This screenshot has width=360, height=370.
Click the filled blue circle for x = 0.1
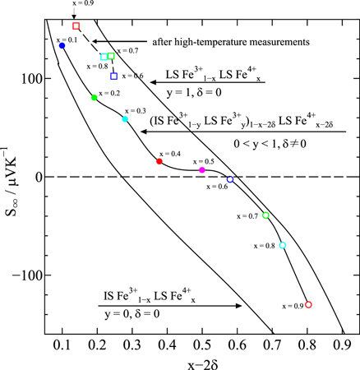tap(62, 45)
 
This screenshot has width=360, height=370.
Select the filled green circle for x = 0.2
tap(95, 98)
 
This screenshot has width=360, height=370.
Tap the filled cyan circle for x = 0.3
tap(125, 119)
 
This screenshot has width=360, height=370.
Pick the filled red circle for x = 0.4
tap(159, 161)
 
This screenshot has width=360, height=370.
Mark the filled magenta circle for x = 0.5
tap(202, 170)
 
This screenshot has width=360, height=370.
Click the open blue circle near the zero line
tap(230, 178)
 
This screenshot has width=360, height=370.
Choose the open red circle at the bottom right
tap(308, 304)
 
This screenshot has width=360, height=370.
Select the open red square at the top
tap(76, 26)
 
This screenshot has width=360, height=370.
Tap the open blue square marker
tap(114, 76)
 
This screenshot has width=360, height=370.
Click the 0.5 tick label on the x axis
tap(201, 343)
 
